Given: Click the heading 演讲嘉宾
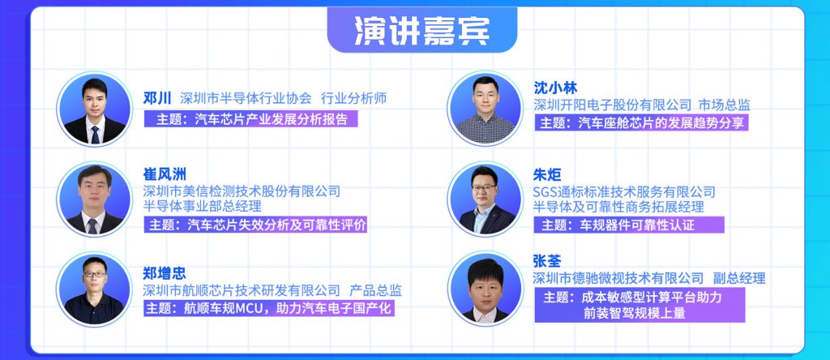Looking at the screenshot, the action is [421, 31].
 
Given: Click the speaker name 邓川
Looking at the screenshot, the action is [157, 98].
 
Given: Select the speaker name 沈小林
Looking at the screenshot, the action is [555, 88].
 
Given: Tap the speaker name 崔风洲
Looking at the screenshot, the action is [165, 174].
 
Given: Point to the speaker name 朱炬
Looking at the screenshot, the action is [547, 174].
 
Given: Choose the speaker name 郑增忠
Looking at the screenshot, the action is [165, 273].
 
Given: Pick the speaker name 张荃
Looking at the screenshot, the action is [547, 261].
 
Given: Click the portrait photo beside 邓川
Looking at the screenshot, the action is [94, 109].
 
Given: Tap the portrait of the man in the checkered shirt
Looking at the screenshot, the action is [485, 108].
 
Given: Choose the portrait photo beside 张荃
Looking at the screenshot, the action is [485, 289].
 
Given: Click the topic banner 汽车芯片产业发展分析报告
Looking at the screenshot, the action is [251, 118].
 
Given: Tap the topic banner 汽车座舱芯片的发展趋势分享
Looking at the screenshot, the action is [641, 122].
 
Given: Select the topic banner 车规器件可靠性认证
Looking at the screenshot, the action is [629, 225].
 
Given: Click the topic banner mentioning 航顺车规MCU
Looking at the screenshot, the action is [269, 307].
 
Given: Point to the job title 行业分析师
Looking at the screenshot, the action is [353, 98].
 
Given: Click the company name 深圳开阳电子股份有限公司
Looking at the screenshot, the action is [613, 105].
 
